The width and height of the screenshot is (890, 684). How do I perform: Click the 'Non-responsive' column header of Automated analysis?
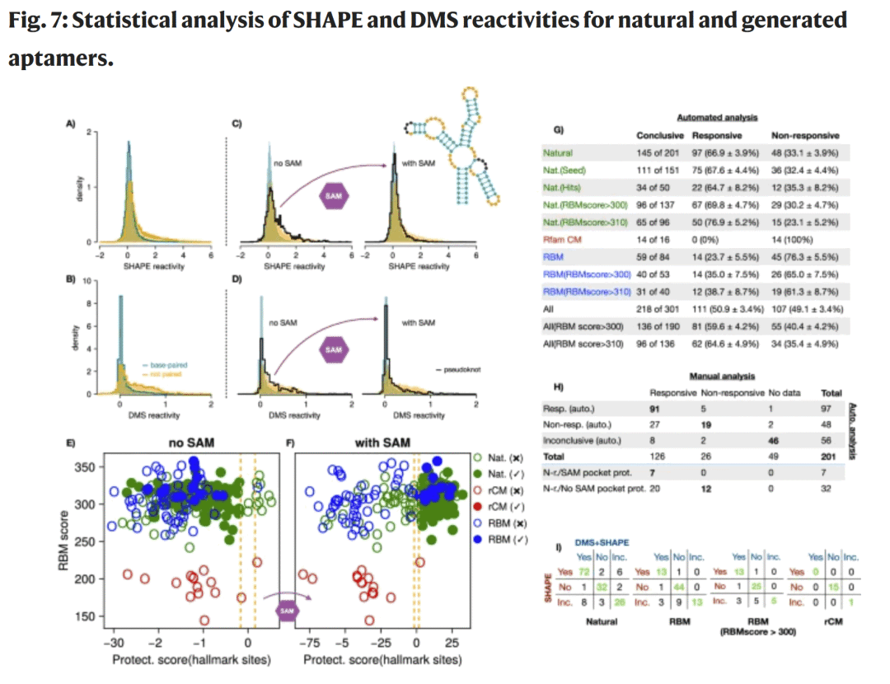point(804,135)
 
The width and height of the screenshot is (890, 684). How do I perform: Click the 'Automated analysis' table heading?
point(717,119)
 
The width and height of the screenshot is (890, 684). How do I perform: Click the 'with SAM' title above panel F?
point(377,443)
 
